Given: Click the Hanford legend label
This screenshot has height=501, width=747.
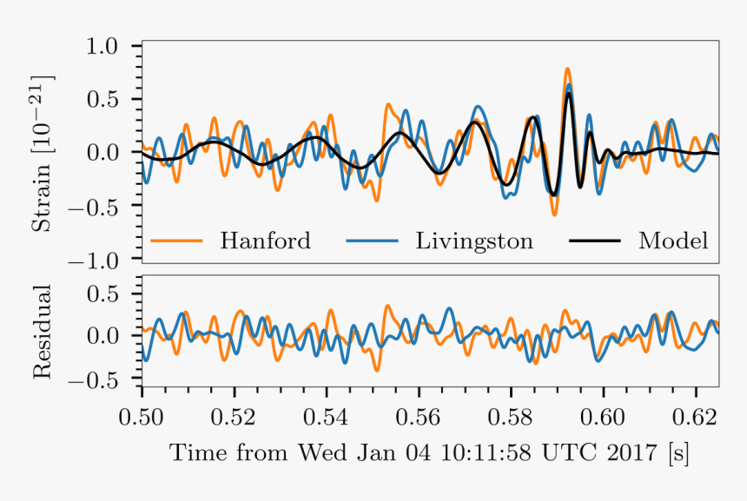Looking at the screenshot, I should pyautogui.click(x=265, y=241).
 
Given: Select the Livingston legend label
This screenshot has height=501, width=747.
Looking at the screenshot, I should pyautogui.click(x=473, y=241).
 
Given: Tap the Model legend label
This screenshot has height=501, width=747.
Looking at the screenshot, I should pyautogui.click(x=673, y=241).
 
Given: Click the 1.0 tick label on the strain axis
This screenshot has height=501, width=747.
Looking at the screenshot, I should pyautogui.click(x=110, y=45).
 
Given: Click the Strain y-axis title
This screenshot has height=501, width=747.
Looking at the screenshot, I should pyautogui.click(x=43, y=153).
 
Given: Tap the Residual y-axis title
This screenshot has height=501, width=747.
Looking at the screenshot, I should pyautogui.click(x=43, y=331).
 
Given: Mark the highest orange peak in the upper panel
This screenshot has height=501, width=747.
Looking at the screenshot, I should pyautogui.click(x=567, y=69).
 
